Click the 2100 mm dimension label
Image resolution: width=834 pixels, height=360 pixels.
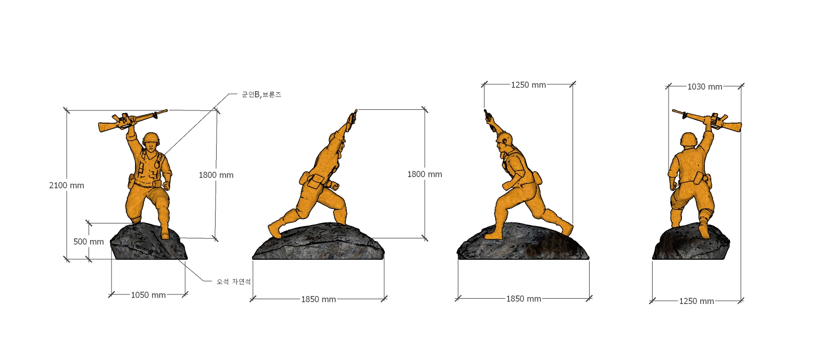point(67,186)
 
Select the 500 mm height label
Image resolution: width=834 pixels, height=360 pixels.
point(89,242)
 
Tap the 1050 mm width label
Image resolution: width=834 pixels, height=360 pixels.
point(148,295)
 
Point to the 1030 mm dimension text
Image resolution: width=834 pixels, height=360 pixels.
point(705,87)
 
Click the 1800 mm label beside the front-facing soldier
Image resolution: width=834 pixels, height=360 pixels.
point(216,175)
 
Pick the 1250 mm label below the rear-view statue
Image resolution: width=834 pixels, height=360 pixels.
point(697,301)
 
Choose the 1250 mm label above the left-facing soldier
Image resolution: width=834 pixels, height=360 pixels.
point(528,85)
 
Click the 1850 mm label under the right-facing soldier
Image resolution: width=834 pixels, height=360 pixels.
point(319,299)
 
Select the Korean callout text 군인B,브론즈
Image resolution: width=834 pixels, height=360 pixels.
point(261,94)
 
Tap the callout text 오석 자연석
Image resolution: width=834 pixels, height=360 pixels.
point(234,282)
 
